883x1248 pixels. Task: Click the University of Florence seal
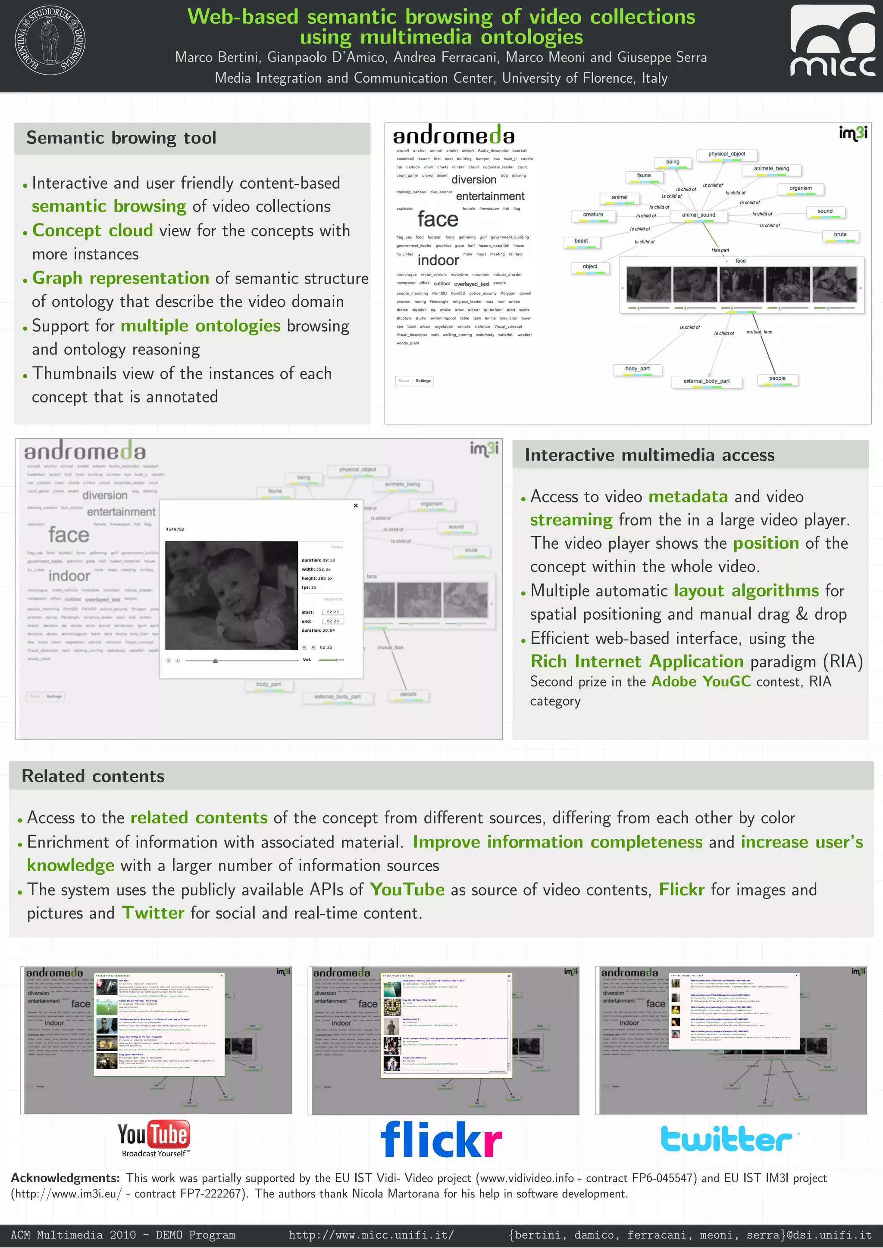[50, 41]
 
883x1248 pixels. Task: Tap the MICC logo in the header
[833, 41]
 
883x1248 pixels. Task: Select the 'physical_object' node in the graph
[726, 154]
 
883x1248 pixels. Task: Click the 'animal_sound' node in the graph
[698, 215]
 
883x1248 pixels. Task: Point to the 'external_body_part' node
[706, 382]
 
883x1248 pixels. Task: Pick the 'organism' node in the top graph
[800, 189]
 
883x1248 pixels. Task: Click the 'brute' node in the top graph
[840, 235]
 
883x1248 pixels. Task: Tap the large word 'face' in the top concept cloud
[438, 220]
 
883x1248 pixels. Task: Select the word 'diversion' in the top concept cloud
[473, 180]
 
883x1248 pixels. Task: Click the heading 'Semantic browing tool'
[121, 138]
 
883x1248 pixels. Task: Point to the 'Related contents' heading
[93, 776]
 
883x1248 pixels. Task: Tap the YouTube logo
[154, 1138]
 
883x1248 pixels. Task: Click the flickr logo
[441, 1139]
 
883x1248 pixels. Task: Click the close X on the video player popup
[356, 506]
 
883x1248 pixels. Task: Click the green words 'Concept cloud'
[93, 230]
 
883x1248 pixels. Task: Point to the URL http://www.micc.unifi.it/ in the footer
[371, 1235]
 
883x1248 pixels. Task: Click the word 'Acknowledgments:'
[65, 1178]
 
